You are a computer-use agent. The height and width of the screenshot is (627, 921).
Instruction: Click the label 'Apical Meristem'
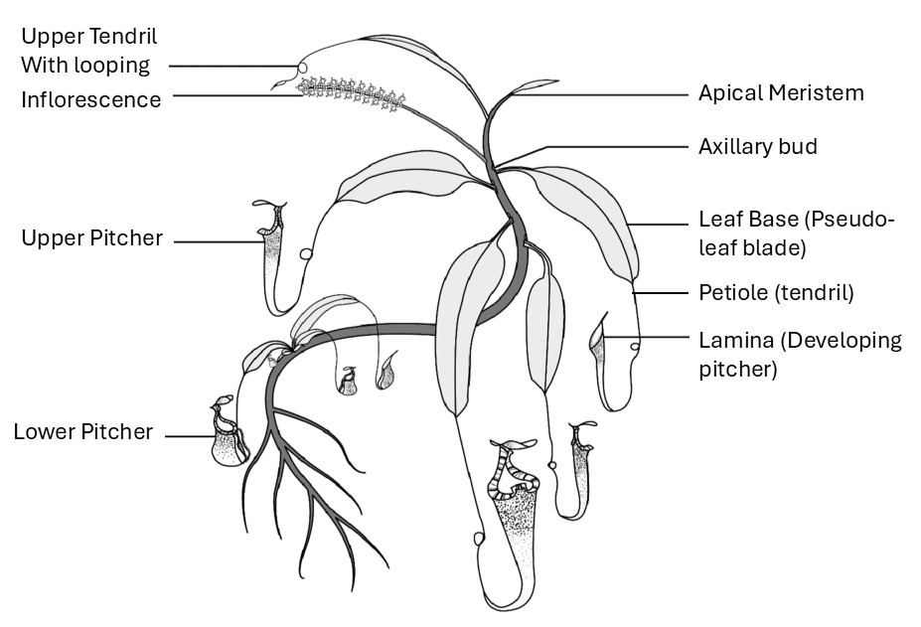tap(781, 93)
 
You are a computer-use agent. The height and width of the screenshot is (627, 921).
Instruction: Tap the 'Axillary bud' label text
tap(757, 147)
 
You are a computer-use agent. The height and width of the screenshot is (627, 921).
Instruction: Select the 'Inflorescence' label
tap(91, 99)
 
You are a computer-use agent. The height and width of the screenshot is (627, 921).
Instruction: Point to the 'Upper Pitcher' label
tap(91, 239)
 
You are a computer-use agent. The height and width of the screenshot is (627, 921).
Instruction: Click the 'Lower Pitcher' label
tap(83, 431)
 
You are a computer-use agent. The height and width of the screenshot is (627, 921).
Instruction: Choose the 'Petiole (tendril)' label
tap(776, 293)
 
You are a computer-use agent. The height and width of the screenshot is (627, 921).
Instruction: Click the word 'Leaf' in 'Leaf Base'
tap(716, 220)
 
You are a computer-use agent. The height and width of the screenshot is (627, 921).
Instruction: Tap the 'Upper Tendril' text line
tap(89, 37)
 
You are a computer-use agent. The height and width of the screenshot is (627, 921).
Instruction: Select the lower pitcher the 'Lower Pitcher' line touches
tap(230, 437)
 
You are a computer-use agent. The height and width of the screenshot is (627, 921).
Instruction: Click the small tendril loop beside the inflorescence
tap(302, 69)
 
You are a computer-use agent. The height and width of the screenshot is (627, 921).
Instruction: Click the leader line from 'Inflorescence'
tap(238, 95)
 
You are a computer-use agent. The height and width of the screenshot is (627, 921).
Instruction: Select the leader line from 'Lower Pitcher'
tap(189, 435)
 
